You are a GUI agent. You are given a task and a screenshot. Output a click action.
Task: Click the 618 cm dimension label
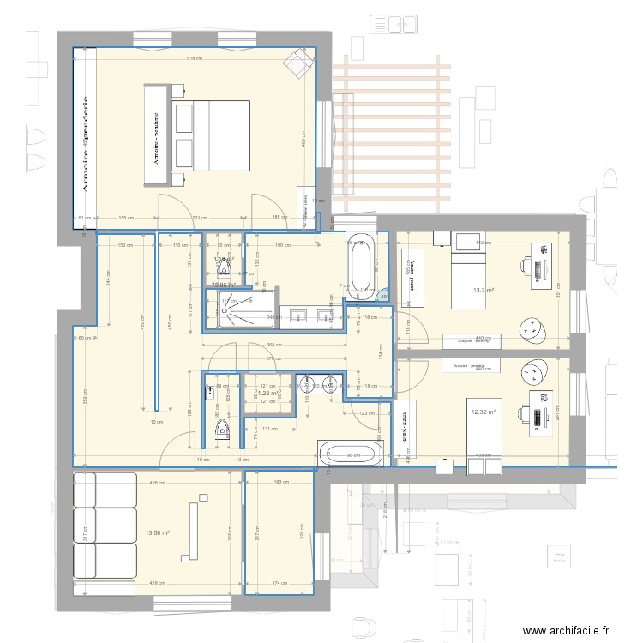pyautogui.click(x=194, y=58)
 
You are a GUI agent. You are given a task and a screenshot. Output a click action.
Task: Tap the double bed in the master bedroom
pyautogui.click(x=211, y=141)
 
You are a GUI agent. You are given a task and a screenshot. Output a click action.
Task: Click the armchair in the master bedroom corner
pyautogui.click(x=299, y=62)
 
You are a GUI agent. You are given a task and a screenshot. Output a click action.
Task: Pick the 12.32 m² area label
pyautogui.click(x=484, y=412)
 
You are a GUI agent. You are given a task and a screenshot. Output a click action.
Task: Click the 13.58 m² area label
pyautogui.click(x=157, y=532)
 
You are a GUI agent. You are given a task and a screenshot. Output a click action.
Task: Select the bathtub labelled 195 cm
pyautogui.click(x=352, y=454)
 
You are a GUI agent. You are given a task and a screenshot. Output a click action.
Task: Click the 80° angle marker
pyautogui.click(x=383, y=297)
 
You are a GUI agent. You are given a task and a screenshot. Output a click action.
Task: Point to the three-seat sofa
pyautogui.click(x=105, y=525)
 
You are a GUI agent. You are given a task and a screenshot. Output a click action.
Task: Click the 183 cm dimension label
pyautogui.click(x=280, y=483)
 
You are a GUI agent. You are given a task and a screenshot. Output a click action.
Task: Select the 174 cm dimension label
pyautogui.click(x=280, y=584)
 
